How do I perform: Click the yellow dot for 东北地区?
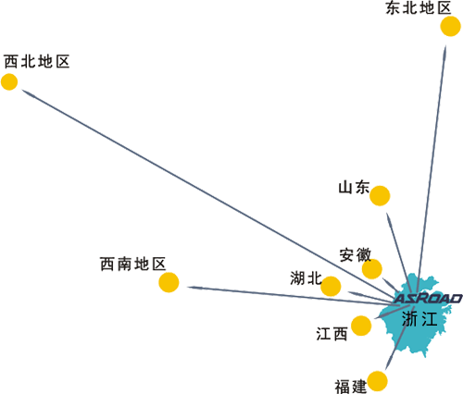(x=450, y=27)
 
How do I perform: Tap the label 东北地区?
(x=418, y=7)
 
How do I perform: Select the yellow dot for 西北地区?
(x=9, y=82)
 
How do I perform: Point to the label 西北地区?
(x=37, y=61)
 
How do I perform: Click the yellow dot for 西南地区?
(x=169, y=282)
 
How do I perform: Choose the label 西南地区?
(x=133, y=265)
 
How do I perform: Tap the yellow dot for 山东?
(x=380, y=196)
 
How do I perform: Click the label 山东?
(x=354, y=188)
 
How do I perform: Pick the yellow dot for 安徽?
(x=372, y=269)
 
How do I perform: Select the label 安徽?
(x=356, y=255)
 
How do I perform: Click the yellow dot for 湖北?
(x=331, y=286)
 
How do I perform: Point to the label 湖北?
(x=306, y=278)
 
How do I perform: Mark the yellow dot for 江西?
(x=361, y=326)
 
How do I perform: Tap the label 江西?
(x=332, y=334)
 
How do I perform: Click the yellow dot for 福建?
(x=378, y=381)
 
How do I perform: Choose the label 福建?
(x=351, y=387)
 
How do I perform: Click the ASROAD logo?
(x=428, y=298)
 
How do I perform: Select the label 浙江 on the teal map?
(x=419, y=319)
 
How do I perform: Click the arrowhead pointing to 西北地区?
(x=27, y=92)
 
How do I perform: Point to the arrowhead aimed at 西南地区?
(x=195, y=288)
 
